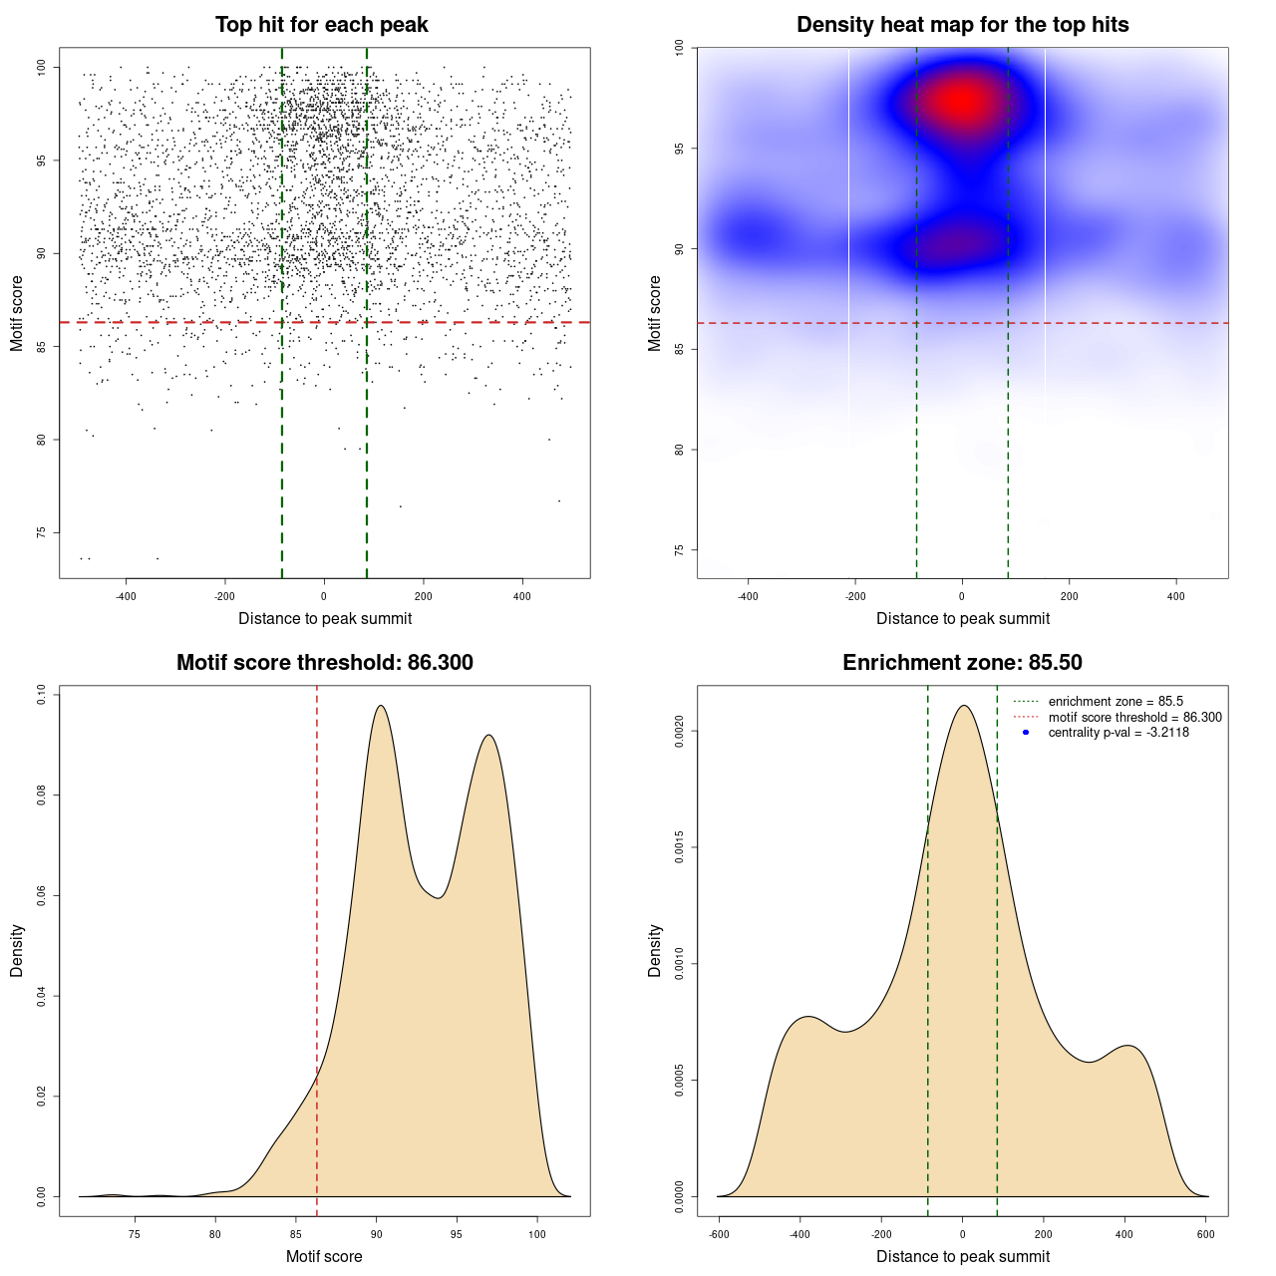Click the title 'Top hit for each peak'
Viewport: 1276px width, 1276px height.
point(321,25)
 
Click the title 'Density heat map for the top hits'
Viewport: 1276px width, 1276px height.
point(962,25)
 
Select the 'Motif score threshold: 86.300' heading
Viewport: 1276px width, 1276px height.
point(324,663)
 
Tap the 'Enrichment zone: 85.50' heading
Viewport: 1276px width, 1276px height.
point(962,663)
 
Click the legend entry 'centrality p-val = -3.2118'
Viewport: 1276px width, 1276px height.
point(1118,733)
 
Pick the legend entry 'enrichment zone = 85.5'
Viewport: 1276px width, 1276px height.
point(1116,702)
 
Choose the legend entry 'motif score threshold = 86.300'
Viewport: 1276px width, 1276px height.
point(1134,718)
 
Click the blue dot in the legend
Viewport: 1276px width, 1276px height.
point(1026,733)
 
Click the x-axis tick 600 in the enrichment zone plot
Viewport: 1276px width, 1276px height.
point(1206,1235)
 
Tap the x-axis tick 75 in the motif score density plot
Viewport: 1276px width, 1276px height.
point(135,1235)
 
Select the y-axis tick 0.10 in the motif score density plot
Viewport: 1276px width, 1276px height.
point(41,694)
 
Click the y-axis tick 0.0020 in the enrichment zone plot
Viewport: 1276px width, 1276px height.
point(679,732)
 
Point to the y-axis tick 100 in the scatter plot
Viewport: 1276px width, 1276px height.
point(41,67)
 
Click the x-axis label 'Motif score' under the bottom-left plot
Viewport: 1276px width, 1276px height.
point(324,1256)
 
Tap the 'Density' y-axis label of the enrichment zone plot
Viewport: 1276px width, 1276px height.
point(655,950)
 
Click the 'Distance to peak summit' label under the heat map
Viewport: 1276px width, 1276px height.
point(962,618)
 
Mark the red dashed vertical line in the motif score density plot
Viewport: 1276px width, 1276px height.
point(317,947)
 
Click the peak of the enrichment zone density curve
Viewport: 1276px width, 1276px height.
point(963,706)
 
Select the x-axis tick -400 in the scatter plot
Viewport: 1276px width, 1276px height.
point(126,597)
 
